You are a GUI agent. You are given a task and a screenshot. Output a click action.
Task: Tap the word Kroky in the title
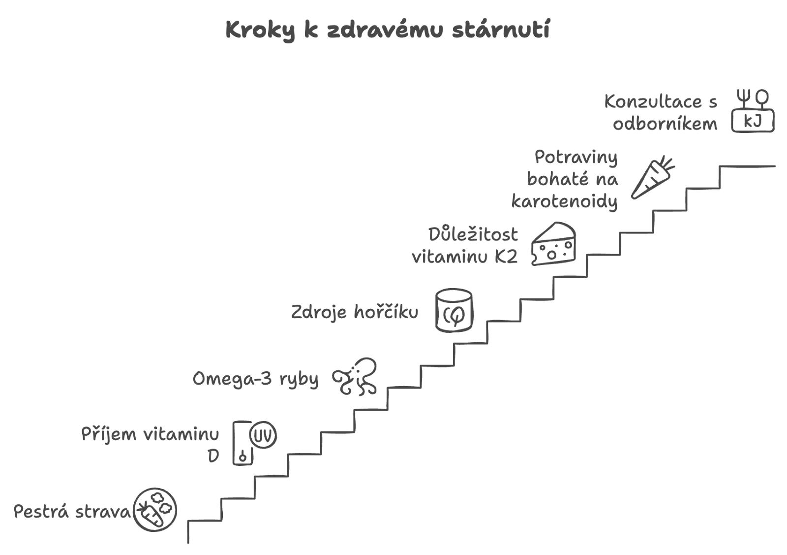[x=260, y=30]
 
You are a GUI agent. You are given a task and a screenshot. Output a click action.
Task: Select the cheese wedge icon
[x=554, y=243]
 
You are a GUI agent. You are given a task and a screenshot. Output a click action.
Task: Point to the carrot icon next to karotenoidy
[x=653, y=178]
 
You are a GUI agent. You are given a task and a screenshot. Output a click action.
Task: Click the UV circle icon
[x=263, y=435]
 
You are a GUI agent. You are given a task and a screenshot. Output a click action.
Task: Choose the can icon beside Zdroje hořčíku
[x=454, y=311]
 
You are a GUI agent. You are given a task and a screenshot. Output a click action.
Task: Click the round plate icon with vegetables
[x=154, y=510]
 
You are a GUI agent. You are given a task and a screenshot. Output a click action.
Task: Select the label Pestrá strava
[x=72, y=512]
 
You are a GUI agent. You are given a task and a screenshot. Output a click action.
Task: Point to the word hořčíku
[x=386, y=312]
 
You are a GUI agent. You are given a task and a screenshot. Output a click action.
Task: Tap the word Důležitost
[x=473, y=234]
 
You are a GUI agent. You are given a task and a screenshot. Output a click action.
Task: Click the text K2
[x=506, y=257]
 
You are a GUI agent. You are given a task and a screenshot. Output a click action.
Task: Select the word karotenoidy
[x=564, y=201]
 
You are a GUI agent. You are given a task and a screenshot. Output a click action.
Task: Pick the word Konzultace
[x=653, y=101]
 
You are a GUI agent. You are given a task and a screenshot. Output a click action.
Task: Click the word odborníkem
[x=665, y=124]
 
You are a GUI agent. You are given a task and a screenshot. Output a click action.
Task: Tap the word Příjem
[x=109, y=434]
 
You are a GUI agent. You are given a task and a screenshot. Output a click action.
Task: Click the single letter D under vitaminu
[x=213, y=456]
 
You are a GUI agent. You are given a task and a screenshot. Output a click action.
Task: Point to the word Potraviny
[x=576, y=157]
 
